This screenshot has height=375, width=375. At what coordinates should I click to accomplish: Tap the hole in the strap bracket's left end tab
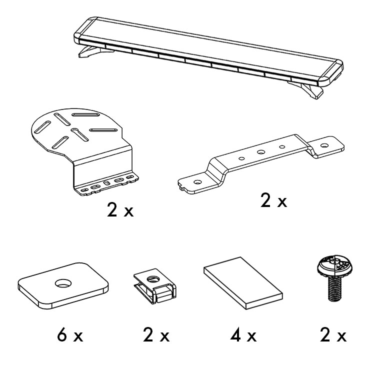197,182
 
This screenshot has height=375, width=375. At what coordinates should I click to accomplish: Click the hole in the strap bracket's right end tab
324,145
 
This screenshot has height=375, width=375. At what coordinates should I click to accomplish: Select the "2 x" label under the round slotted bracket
120,209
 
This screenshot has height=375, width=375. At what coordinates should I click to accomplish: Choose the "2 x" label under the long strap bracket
273,200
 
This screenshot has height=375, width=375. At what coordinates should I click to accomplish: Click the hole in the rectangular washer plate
63,283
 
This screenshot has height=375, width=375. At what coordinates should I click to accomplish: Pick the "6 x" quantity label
70,335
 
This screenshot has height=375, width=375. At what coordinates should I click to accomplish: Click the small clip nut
154,286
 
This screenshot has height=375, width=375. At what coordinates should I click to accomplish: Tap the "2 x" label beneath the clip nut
156,335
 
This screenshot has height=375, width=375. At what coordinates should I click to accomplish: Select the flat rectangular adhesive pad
243,283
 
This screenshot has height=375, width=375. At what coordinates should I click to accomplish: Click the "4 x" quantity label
243,335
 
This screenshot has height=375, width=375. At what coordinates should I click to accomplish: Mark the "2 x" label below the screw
333,335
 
